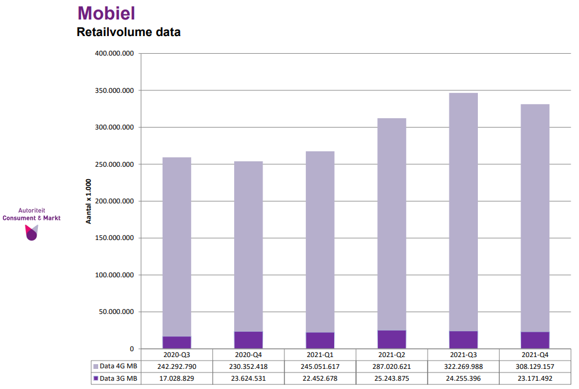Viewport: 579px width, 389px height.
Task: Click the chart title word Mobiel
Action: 106,13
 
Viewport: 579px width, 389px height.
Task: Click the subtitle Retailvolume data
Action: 128,32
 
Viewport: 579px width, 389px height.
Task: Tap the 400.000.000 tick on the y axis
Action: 114,54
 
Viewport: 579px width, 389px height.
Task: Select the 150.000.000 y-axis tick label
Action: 114,238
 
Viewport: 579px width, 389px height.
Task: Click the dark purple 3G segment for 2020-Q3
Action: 177,342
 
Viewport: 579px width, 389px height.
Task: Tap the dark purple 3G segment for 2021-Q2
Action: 392,339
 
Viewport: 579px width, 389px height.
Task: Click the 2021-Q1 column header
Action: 320,354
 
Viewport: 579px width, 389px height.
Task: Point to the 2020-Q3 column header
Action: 177,354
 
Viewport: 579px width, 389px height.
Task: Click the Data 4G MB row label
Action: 118,367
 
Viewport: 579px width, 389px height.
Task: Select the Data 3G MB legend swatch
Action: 95,378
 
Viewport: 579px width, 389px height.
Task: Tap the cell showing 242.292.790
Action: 177,367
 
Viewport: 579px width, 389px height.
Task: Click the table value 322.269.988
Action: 463,367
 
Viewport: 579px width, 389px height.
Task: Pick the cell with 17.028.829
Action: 177,378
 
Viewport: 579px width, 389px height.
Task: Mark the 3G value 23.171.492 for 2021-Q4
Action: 535,378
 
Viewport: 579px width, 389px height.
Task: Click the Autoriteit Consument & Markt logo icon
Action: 31,233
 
